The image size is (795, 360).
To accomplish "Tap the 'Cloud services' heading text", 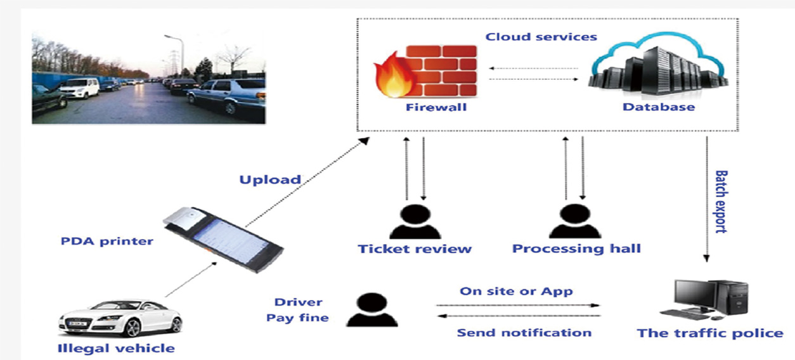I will [x=541, y=36].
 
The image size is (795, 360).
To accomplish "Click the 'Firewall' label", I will [x=436, y=107].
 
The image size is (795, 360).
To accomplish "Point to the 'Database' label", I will [x=658, y=107].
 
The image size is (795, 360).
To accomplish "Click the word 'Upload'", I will [x=270, y=179].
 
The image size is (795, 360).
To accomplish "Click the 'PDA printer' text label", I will [x=107, y=241].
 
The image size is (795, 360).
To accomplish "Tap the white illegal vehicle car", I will [x=120, y=318].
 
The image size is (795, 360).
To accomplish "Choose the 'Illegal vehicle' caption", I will [x=116, y=348].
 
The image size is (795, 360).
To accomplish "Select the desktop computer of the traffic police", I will [x=704, y=299].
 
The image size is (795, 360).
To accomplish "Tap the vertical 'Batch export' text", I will [x=721, y=201].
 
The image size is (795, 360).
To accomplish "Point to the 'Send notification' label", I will [x=524, y=333].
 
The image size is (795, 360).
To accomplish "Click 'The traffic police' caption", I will [x=709, y=333].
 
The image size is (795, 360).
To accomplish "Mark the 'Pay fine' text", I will [x=297, y=318].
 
